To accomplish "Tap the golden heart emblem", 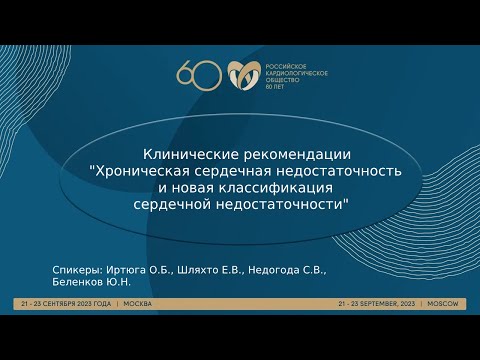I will click(242, 74).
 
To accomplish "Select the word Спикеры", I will click(74, 270).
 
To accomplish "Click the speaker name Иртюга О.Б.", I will click(139, 270).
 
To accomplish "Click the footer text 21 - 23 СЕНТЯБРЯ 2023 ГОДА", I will click(66, 303).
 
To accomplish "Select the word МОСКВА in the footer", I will click(139, 303).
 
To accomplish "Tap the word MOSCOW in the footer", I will click(441, 303).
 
